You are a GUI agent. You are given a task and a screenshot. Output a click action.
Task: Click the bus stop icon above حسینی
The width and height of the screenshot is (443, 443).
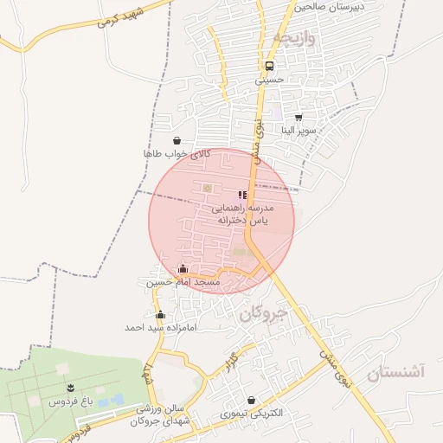coord(270,66)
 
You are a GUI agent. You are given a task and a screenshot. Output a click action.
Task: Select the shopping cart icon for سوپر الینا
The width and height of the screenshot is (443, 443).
coord(299,118)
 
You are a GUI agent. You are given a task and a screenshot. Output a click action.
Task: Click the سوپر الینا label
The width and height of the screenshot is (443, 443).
coord(299,131)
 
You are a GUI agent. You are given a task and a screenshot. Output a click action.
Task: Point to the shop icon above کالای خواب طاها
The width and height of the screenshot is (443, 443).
coord(177,140)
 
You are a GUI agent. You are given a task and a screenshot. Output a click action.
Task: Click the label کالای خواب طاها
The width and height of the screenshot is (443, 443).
coord(177,153)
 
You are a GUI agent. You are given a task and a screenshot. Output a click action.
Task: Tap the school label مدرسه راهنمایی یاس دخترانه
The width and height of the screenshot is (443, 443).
coord(243,215)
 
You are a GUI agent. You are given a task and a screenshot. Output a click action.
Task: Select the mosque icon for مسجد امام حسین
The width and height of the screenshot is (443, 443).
coord(182,269)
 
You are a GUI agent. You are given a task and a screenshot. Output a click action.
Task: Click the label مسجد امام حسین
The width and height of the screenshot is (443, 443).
coord(183,282)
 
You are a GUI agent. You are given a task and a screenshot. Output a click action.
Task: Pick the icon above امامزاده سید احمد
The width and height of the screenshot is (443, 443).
coord(160,315)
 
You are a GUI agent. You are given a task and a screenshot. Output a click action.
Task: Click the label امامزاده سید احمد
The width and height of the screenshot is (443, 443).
coord(161,328)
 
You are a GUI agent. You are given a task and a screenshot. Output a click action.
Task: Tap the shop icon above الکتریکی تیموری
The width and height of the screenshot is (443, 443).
coord(251,401)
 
